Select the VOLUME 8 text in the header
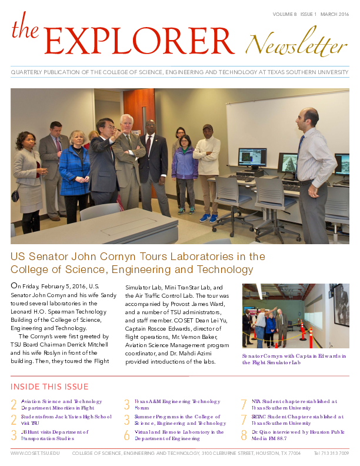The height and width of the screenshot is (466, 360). coord(285,13)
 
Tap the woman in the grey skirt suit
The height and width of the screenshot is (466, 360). coord(28,171)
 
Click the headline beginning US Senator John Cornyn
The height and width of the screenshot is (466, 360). coord(138,263)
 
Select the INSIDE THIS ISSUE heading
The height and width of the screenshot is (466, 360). coord(49,387)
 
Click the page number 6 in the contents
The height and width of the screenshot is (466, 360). coord(126,435)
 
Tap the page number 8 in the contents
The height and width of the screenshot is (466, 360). coord(244,435)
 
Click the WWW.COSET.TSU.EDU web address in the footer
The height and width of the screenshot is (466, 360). coord(35,454)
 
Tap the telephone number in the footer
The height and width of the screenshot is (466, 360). coord(331,454)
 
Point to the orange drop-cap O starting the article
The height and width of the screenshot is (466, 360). coord(15,286)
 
